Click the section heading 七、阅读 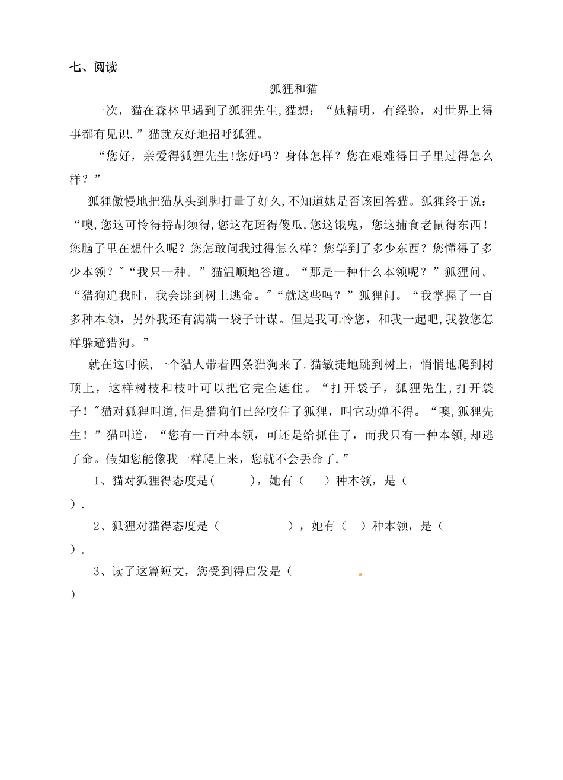pyautogui.click(x=93, y=68)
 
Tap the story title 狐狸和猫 pyautogui.click(x=294, y=89)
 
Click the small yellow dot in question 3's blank pyautogui.click(x=360, y=574)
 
